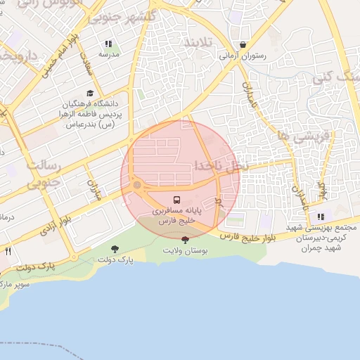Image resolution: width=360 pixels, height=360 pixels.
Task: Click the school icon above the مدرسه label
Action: click(x=108, y=44)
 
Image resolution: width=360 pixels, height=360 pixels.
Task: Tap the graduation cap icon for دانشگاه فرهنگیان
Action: click(x=90, y=93)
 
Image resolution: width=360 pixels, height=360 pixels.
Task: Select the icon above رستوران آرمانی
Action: click(x=243, y=44)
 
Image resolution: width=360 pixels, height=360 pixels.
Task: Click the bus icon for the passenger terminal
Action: click(x=176, y=199)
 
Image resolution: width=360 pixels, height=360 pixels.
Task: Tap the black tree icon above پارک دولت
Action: click(x=115, y=249)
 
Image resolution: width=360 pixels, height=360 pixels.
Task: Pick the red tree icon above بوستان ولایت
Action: click(x=185, y=240)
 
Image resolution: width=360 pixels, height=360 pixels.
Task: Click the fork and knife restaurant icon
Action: click(x=8, y=250)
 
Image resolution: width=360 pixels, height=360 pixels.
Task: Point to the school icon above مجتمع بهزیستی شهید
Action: click(x=321, y=217)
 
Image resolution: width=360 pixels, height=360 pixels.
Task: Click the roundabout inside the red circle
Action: click(x=137, y=186)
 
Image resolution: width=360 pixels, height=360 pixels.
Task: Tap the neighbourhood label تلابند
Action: click(x=197, y=43)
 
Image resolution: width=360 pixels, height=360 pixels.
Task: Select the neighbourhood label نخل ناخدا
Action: click(x=220, y=166)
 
